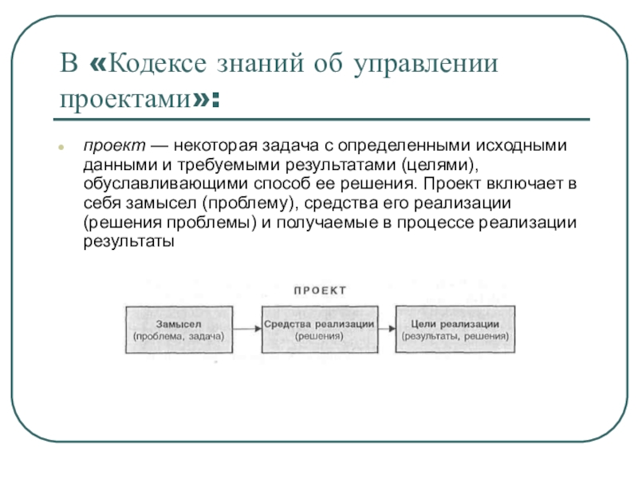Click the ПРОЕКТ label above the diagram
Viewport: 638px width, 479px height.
click(x=320, y=291)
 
